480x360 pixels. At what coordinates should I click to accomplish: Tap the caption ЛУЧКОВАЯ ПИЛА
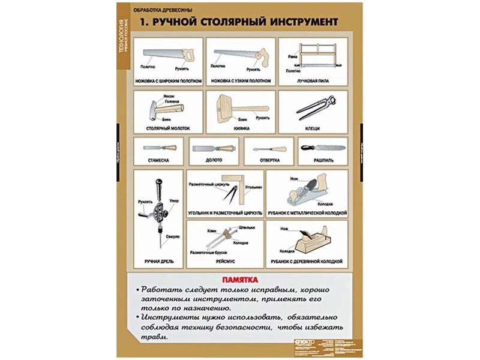click(313, 80)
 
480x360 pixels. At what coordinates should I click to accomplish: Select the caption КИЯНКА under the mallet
click(241, 128)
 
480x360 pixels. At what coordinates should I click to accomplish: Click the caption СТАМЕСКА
click(157, 161)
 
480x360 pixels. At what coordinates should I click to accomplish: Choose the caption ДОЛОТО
click(214, 161)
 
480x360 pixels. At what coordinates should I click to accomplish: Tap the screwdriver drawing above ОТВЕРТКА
click(268, 148)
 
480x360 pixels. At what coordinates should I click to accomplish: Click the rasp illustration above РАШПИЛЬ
click(322, 148)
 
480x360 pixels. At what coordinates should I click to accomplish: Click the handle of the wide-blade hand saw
click(188, 55)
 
